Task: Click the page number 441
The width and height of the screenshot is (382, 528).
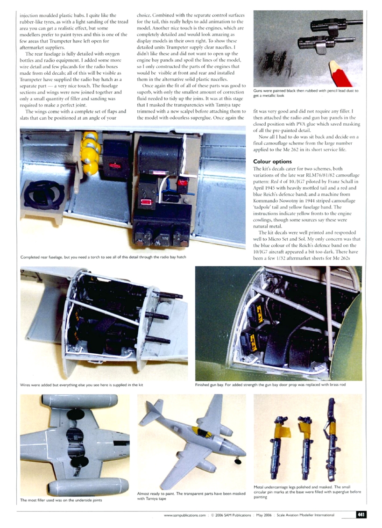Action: click(x=361, y=515)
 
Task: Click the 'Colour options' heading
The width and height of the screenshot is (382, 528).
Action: click(x=272, y=162)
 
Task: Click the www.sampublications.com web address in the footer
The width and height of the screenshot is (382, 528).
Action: click(x=184, y=515)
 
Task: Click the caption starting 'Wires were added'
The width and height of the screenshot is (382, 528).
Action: click(x=82, y=385)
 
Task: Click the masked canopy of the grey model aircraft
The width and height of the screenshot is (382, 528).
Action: click(x=202, y=432)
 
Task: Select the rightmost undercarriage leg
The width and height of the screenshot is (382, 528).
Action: click(x=332, y=439)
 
